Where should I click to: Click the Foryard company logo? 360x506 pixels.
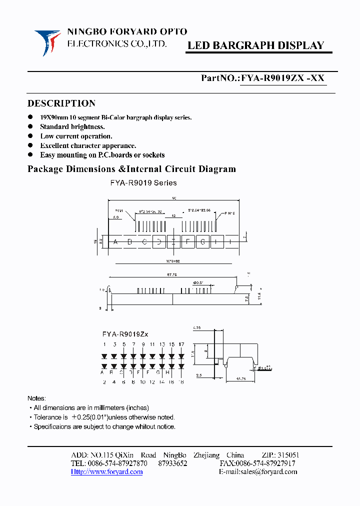47,42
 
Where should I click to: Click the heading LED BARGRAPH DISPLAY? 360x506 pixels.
255,45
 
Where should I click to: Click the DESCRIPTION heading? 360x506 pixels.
61,103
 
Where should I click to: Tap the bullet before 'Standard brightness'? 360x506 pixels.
30,127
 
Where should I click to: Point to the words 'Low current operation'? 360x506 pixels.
76,136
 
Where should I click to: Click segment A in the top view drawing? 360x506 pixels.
115,242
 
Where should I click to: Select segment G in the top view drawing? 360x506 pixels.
202,242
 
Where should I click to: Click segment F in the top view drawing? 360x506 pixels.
188,242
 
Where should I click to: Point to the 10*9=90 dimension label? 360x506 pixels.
173,261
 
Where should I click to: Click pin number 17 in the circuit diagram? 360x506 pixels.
180,344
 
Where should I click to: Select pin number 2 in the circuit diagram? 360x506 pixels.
104,382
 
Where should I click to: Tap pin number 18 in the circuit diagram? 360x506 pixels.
180,382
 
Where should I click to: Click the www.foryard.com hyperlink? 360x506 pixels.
106,471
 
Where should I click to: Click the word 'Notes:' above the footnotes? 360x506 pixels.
36,398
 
